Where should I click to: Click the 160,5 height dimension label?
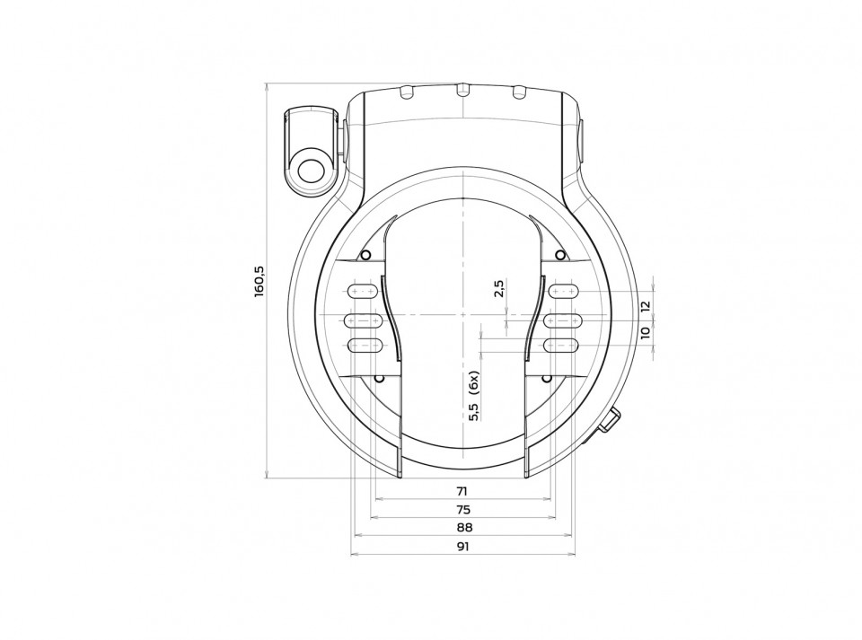coord(259,282)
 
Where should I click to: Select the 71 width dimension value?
coord(462,491)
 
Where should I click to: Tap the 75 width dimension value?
coord(463,509)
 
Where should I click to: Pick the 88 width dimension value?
coord(464,528)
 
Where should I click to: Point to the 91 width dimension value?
coord(463,546)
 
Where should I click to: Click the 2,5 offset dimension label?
coord(499,288)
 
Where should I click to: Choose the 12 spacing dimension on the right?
coord(645,305)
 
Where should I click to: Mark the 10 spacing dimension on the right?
coord(645,332)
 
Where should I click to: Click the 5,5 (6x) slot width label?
coord(474,396)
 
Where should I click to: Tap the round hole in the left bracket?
coord(310,171)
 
